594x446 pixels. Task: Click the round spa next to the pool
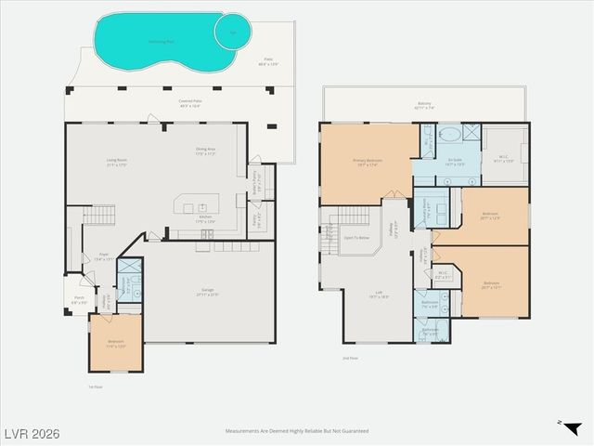[232, 31]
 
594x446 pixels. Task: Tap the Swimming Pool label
[161, 42]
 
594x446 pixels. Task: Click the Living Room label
[116, 163]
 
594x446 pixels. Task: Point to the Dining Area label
[206, 151]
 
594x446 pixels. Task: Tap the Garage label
[208, 294]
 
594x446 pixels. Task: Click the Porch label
[79, 300]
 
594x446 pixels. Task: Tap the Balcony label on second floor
[424, 107]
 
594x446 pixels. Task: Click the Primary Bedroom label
[368, 162]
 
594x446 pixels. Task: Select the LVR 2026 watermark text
[32, 432]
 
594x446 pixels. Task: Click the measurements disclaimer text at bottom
[297, 431]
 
